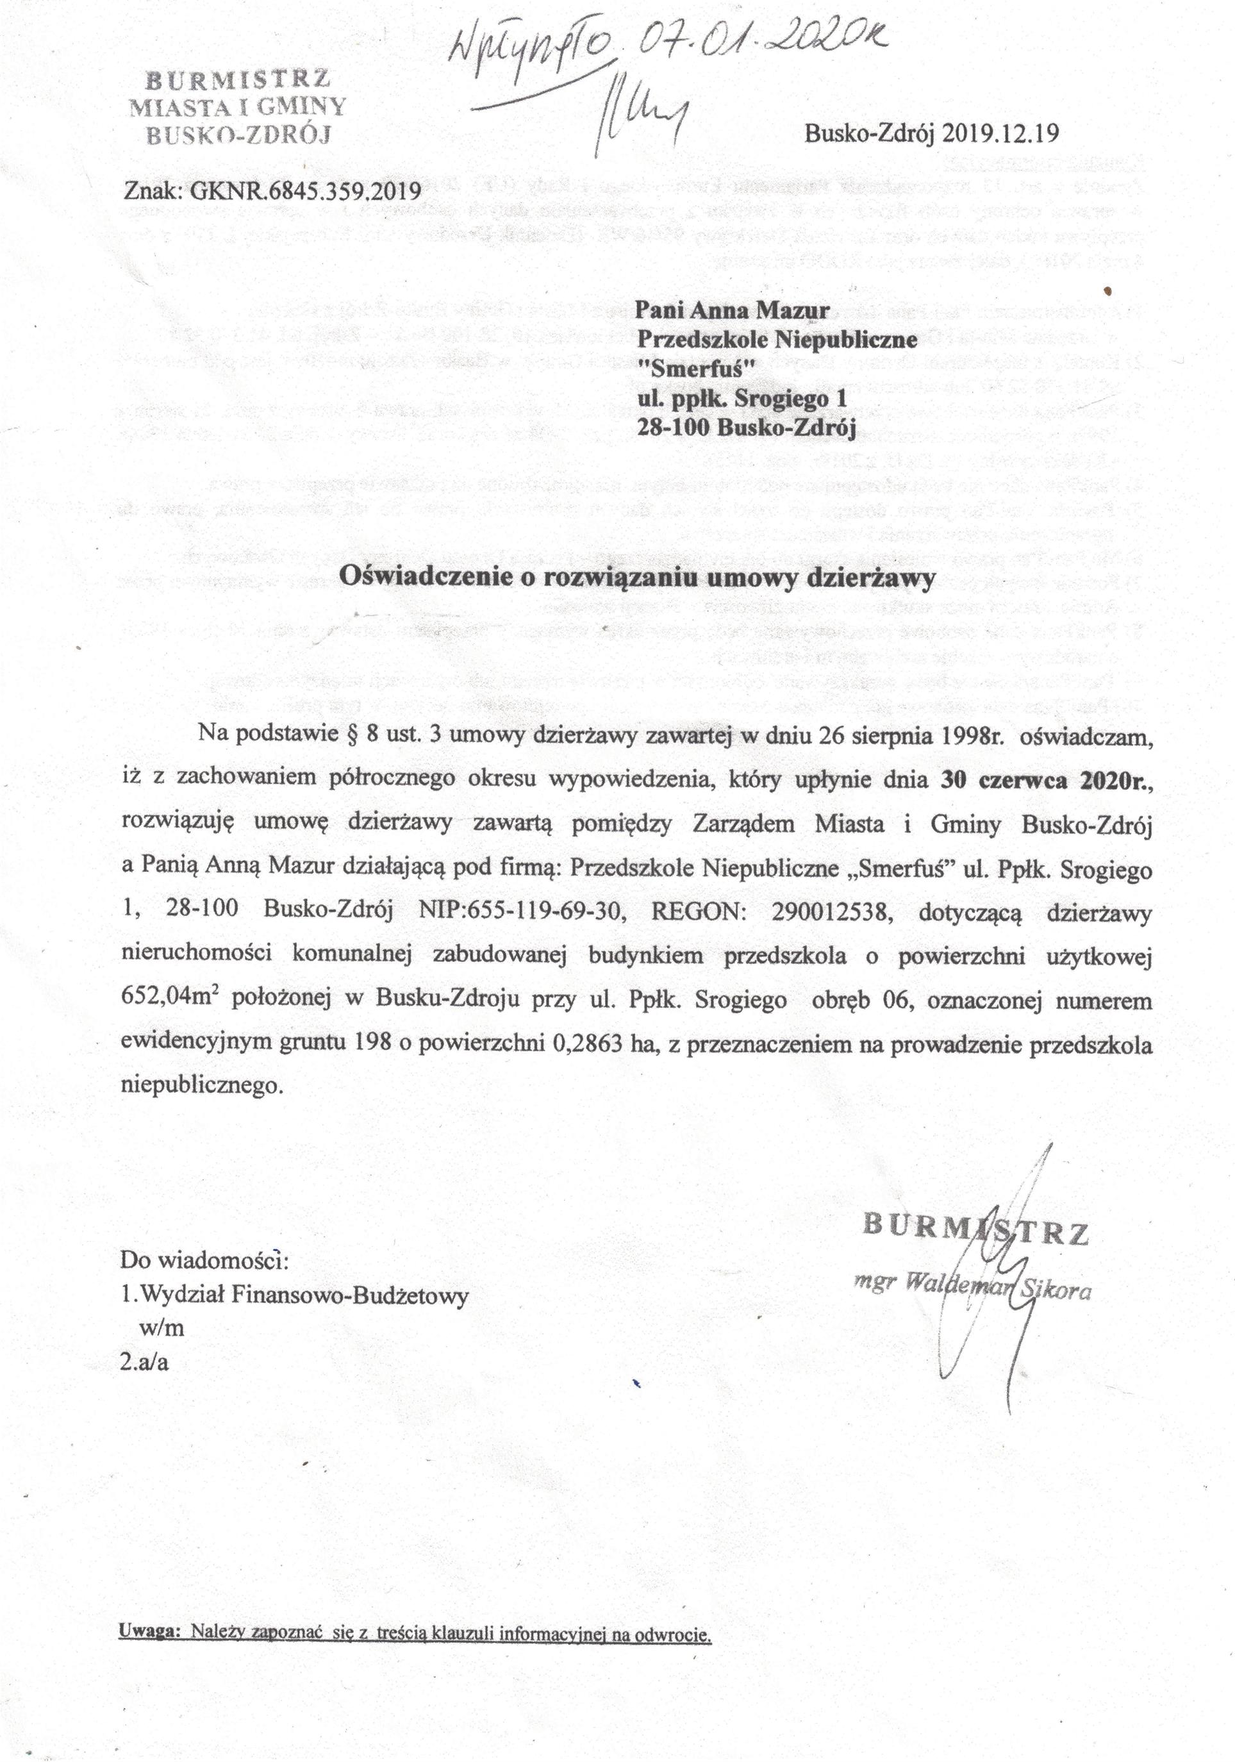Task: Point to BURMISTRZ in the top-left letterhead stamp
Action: (x=237, y=79)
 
